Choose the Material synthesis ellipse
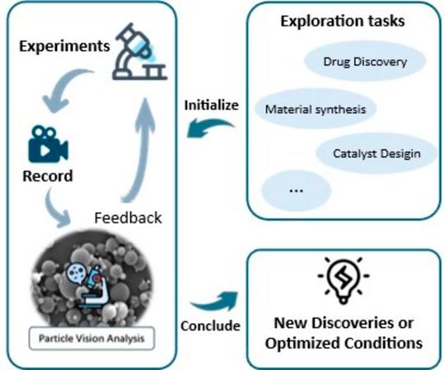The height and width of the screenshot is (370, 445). (316, 108)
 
